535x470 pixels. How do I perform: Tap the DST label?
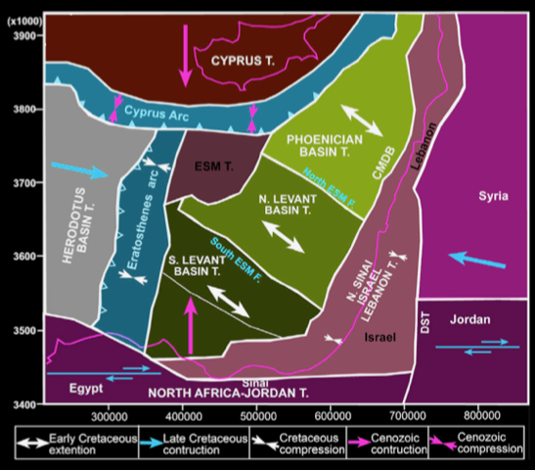click(425, 333)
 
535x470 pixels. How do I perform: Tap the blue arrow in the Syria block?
click(477, 260)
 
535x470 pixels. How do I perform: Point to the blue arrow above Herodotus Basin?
click(77, 171)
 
